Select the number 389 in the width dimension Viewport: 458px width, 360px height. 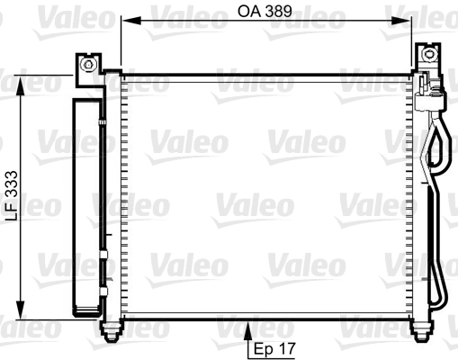click(282, 13)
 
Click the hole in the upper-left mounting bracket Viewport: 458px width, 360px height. click(88, 65)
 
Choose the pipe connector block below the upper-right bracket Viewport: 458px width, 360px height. click(431, 91)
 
